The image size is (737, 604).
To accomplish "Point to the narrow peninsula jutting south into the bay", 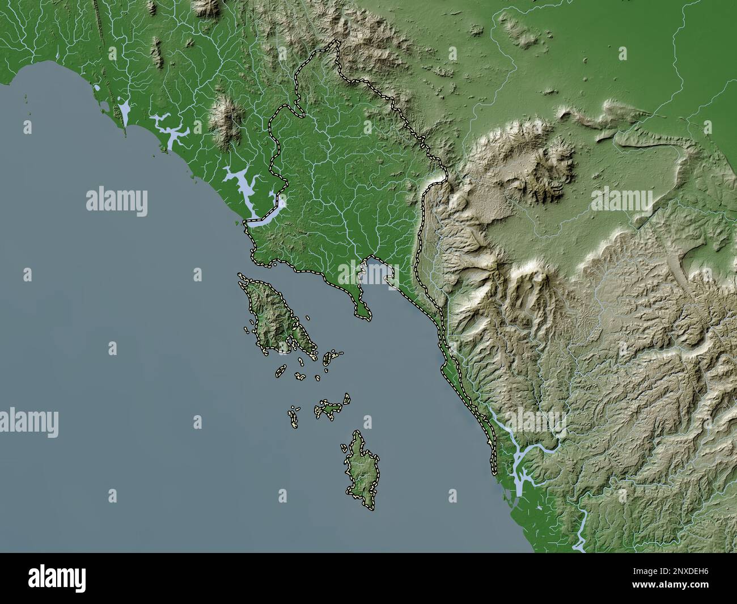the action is click(361, 301).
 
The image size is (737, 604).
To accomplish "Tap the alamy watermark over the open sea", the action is click(117, 202).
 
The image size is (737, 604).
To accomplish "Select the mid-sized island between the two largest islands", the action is click(331, 408).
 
